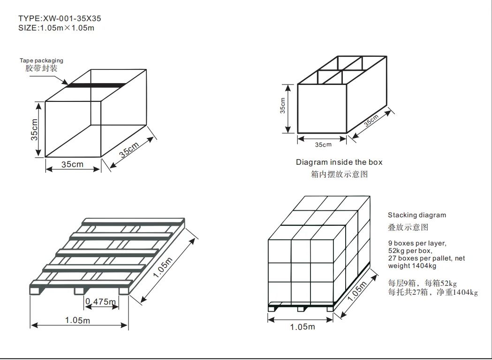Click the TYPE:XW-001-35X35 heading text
(x=60, y=19)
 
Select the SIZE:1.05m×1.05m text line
(x=56, y=28)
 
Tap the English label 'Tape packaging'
(x=41, y=61)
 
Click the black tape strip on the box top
(x=97, y=85)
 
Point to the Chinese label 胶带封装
(x=41, y=69)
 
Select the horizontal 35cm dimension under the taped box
(x=73, y=164)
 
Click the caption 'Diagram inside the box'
(x=339, y=162)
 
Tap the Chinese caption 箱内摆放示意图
(x=339, y=174)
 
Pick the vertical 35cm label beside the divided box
(x=283, y=106)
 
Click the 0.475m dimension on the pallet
(x=100, y=301)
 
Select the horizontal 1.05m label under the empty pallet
(x=78, y=321)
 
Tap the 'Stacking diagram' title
(x=416, y=215)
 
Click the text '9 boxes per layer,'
(x=417, y=244)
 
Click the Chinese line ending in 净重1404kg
(x=433, y=292)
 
